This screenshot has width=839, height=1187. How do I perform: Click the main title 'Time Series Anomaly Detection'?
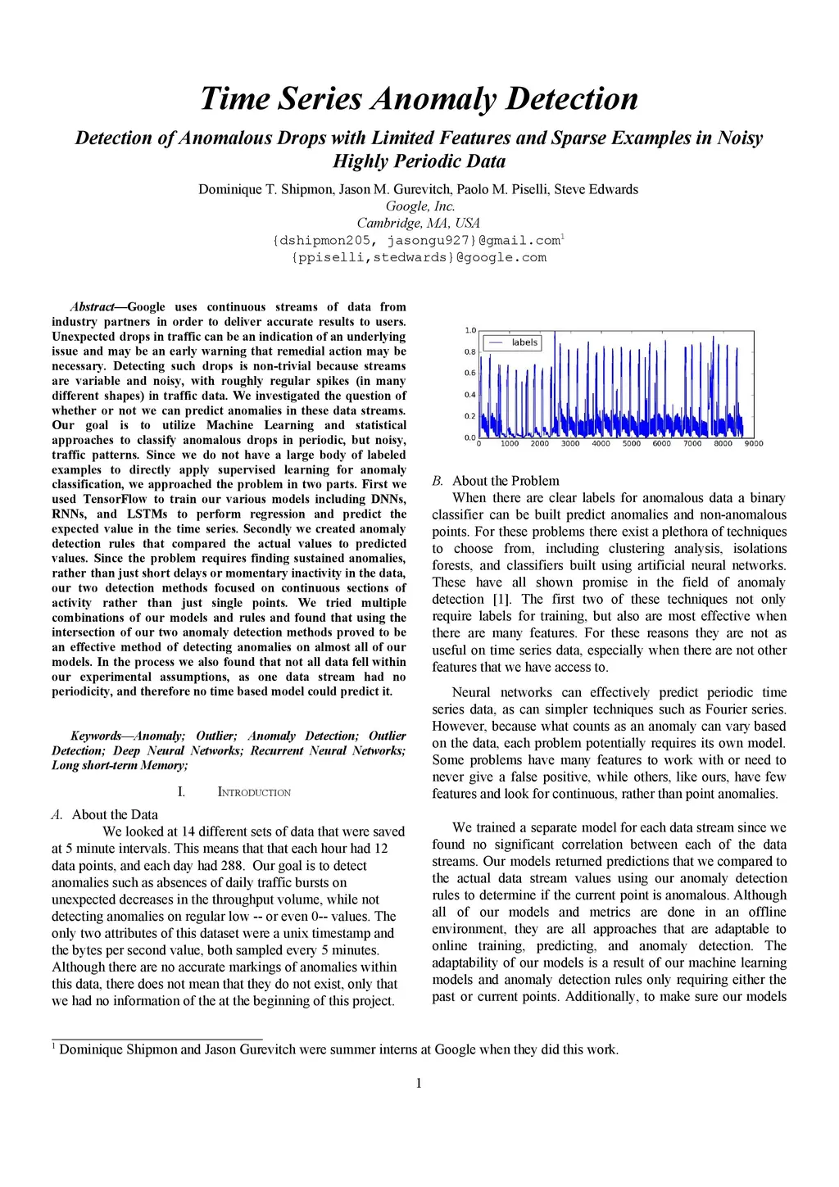[x=419, y=98]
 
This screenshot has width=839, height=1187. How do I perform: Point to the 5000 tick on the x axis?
[x=632, y=444]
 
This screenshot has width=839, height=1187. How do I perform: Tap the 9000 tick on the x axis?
[x=754, y=444]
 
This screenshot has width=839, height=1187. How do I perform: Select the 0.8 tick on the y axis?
[x=470, y=352]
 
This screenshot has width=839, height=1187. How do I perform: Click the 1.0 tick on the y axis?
[x=470, y=331]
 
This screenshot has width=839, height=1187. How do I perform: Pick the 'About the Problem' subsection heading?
[x=506, y=481]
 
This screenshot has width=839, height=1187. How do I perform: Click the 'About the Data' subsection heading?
[x=115, y=814]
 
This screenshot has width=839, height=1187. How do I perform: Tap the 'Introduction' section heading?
[x=254, y=792]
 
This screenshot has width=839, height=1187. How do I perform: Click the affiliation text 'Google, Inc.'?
[x=420, y=206]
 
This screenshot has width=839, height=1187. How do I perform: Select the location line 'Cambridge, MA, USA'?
[x=419, y=223]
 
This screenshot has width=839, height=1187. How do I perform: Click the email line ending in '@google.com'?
[x=419, y=257]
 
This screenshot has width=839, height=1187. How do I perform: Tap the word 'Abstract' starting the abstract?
[x=92, y=307]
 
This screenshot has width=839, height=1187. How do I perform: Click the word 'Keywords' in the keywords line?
[x=95, y=736]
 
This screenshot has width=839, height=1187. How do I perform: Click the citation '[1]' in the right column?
[x=501, y=600]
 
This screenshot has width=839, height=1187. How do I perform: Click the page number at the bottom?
[x=419, y=1084]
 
